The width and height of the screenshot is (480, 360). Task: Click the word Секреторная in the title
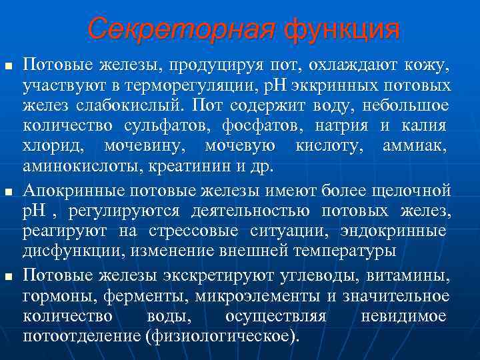[x=181, y=29]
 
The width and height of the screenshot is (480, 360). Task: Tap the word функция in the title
[x=342, y=29]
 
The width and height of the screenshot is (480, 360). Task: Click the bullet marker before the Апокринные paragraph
[x=8, y=192]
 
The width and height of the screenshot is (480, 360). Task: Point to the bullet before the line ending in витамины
[x=8, y=275]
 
